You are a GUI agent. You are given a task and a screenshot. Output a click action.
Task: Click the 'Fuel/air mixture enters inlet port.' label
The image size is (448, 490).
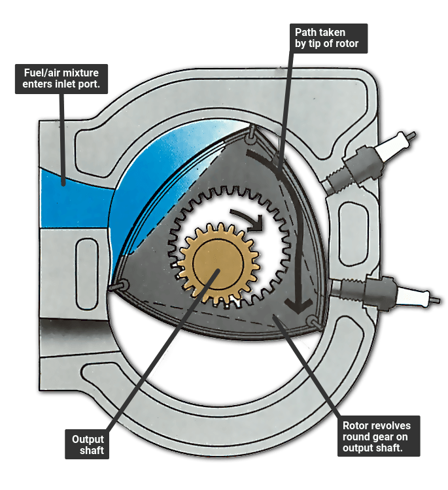(62, 79)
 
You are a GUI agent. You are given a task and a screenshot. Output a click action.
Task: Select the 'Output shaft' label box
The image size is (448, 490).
(88, 444)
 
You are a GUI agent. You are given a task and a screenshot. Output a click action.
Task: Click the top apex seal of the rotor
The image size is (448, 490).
(251, 137)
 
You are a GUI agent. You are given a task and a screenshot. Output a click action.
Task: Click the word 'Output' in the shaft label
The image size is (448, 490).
(88, 438)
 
